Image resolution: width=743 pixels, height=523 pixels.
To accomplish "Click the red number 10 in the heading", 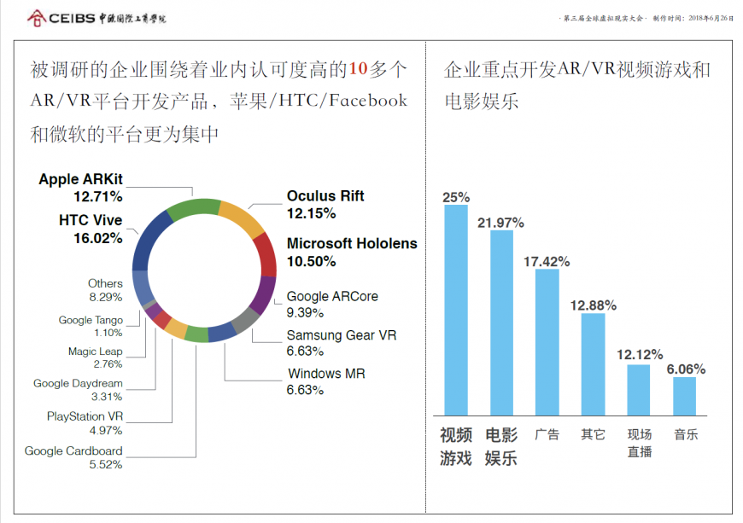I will pyautogui.click(x=360, y=69).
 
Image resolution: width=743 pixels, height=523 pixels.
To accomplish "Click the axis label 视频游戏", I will pyautogui.click(x=456, y=446).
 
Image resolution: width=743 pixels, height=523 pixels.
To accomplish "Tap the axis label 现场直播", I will pyautogui.click(x=639, y=443).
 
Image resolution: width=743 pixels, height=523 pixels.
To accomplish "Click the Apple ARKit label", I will pyautogui.click(x=80, y=179).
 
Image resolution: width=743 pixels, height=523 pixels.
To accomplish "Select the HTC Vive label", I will pyautogui.click(x=91, y=220).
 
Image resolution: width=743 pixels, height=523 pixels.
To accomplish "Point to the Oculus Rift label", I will pyautogui.click(x=325, y=196).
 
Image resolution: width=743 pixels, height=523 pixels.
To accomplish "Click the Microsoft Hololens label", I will pyautogui.click(x=352, y=244).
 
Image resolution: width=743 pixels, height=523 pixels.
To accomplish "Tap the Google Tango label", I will pyautogui.click(x=91, y=320).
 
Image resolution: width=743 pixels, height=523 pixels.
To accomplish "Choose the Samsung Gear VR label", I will pyautogui.click(x=342, y=335).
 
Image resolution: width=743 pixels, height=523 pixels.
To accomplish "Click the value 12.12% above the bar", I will pyautogui.click(x=638, y=353).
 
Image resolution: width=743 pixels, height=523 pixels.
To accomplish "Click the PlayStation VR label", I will pyautogui.click(x=85, y=416).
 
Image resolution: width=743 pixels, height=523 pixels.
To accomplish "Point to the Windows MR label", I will pyautogui.click(x=326, y=374).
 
